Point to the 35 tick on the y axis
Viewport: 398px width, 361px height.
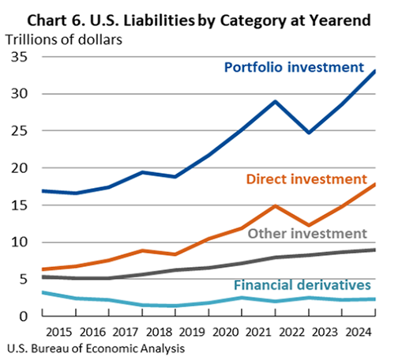18,57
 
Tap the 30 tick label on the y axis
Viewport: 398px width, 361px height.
18,94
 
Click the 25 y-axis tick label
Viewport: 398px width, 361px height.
18,131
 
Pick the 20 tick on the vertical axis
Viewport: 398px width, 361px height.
18,168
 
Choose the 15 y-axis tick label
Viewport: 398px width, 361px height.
18,205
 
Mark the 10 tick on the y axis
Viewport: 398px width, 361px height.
18,243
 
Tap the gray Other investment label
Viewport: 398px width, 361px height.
308,234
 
